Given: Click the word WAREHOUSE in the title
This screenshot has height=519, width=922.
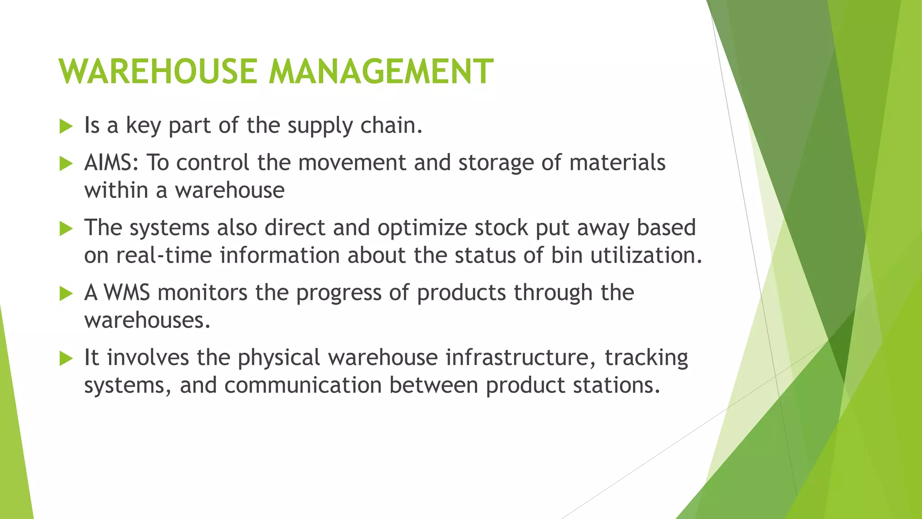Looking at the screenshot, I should coord(158,71).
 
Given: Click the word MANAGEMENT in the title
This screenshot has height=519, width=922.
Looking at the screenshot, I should coord(381,71).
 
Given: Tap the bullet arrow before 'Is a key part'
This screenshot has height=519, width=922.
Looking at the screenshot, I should coord(66,127).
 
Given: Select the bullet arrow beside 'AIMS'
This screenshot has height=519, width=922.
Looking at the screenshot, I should coord(66,164).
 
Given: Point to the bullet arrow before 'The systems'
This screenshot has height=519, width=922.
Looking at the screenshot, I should coord(66,229).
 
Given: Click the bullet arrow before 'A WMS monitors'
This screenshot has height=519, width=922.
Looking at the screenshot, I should coord(66,294).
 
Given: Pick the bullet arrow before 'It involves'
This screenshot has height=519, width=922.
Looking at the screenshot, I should coord(66,359).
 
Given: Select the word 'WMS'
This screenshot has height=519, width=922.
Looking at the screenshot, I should coord(127,292).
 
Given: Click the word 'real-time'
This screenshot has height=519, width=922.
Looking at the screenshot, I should coord(164,255).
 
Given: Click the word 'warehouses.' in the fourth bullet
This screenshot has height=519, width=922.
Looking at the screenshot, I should coord(147,320).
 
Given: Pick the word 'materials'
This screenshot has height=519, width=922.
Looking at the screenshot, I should coord(617,163).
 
